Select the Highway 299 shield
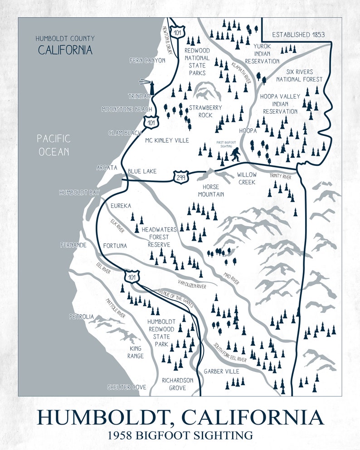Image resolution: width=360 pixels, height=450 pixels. click(180, 177)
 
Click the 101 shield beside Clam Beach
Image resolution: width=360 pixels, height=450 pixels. click(151, 121)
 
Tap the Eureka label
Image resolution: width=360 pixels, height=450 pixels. click(121, 206)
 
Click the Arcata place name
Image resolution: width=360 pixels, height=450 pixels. click(107, 168)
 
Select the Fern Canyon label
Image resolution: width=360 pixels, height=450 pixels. click(147, 60)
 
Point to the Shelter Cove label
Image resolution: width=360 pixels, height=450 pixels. click(126, 387)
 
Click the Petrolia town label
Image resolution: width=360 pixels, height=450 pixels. click(82, 316)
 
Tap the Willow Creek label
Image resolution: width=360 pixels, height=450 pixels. click(247, 178)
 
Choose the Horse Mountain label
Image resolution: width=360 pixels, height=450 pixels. click(211, 190)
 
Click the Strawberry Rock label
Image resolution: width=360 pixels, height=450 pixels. click(205, 111)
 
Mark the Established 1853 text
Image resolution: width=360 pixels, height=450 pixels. click(297, 34)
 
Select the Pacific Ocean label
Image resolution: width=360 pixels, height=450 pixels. click(54, 145)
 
